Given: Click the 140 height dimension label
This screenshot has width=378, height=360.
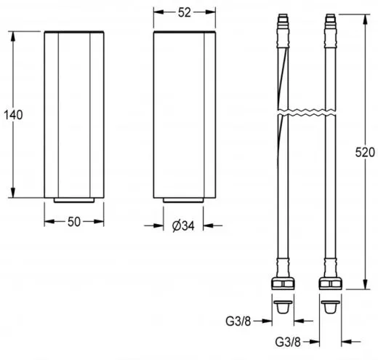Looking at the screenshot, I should pyautogui.click(x=13, y=115).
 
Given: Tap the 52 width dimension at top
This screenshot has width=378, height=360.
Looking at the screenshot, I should pyautogui.click(x=185, y=12).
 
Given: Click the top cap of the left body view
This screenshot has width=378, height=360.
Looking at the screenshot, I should pyautogui.click(x=73, y=33).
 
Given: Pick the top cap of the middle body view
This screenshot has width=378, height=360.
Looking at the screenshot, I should pyautogui.click(x=185, y=33).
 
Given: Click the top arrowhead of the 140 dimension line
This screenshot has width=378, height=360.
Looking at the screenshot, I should pyautogui.click(x=13, y=34).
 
